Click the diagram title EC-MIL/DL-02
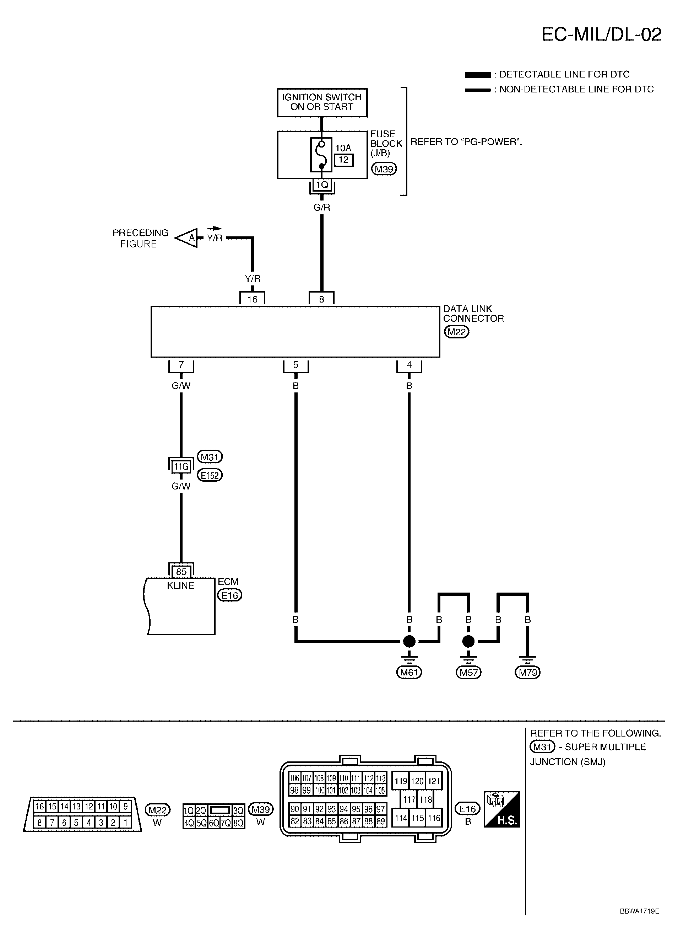[601, 34]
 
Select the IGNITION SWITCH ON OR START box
[322, 102]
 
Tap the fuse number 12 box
[343, 160]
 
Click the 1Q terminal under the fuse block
[322, 185]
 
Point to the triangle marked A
[187, 238]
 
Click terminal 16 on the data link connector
[252, 299]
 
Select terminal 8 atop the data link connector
[321, 299]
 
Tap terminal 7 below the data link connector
[181, 365]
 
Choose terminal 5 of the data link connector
[296, 365]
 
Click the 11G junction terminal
[181, 467]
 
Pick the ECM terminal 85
[181, 572]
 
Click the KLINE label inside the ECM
[180, 585]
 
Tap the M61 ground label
[409, 672]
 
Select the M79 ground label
[528, 672]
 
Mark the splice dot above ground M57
[468, 641]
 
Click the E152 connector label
[210, 475]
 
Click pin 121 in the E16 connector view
[434, 781]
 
